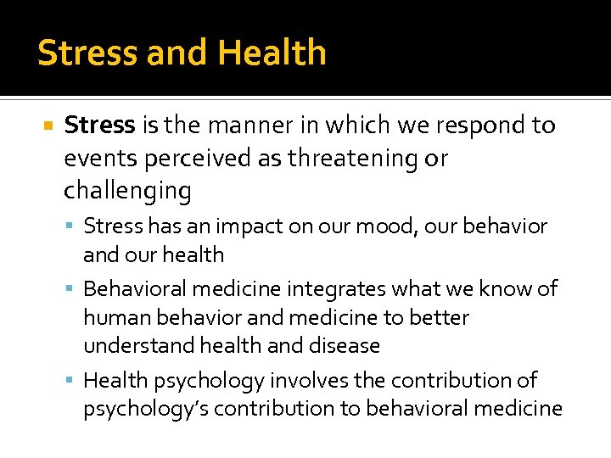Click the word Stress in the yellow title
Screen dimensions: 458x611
(x=87, y=53)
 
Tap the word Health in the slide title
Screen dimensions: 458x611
(x=272, y=53)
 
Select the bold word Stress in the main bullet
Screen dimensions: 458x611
(x=100, y=126)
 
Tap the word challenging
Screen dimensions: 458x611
(x=127, y=191)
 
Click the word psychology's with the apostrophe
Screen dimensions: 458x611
(x=145, y=408)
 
